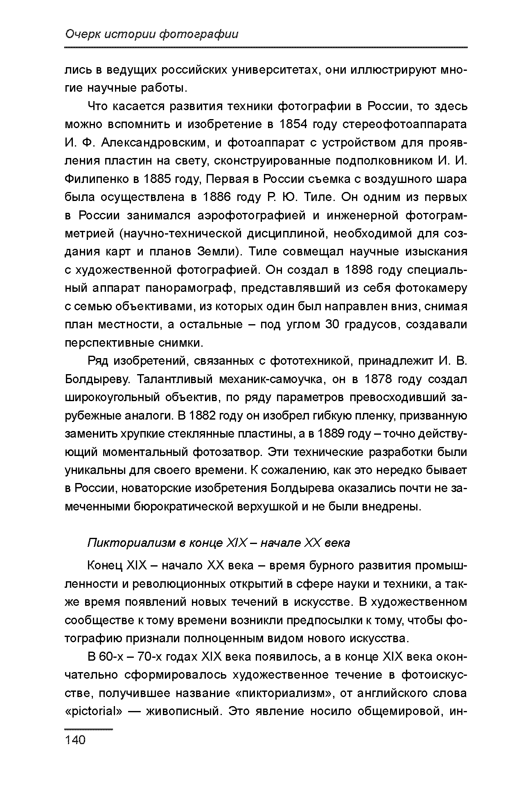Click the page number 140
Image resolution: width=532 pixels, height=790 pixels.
[75, 740]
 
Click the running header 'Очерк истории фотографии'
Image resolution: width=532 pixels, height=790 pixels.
[151, 34]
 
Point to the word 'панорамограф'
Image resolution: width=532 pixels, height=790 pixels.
[189, 288]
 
